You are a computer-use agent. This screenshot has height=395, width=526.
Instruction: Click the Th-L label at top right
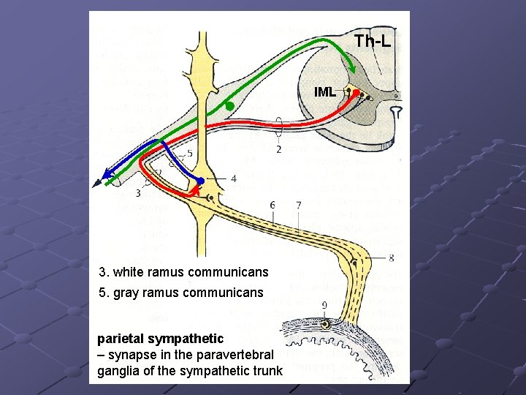pos(373,41)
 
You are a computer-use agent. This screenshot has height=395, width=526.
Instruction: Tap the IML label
pos(325,92)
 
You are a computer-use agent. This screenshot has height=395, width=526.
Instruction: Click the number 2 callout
pos(278,149)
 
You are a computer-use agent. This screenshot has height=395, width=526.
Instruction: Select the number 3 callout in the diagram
pos(138,193)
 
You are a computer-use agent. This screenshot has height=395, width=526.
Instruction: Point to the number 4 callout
pos(233,178)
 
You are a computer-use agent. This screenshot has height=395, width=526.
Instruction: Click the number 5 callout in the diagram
pos(189,154)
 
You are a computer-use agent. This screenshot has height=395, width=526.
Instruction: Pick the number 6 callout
pos(272,206)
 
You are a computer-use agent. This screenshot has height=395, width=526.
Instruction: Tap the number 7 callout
pos(299,206)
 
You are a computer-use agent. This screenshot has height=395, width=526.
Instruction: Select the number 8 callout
pos(392,257)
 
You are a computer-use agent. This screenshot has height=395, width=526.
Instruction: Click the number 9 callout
pos(324,305)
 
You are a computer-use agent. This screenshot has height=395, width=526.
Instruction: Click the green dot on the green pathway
pos(229,107)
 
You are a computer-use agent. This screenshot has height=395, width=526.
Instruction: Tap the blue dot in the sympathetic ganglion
pos(200,181)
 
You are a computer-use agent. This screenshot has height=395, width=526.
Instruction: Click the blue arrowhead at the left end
pos(107,174)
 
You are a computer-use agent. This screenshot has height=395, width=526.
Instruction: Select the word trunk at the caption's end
pos(267,371)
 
